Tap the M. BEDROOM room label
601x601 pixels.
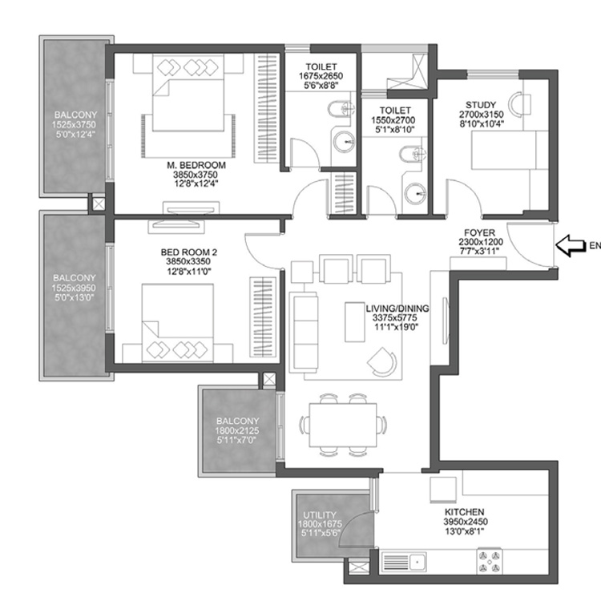coord(196,165)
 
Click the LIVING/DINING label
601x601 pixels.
coord(397,307)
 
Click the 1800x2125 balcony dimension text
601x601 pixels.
coord(237,431)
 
